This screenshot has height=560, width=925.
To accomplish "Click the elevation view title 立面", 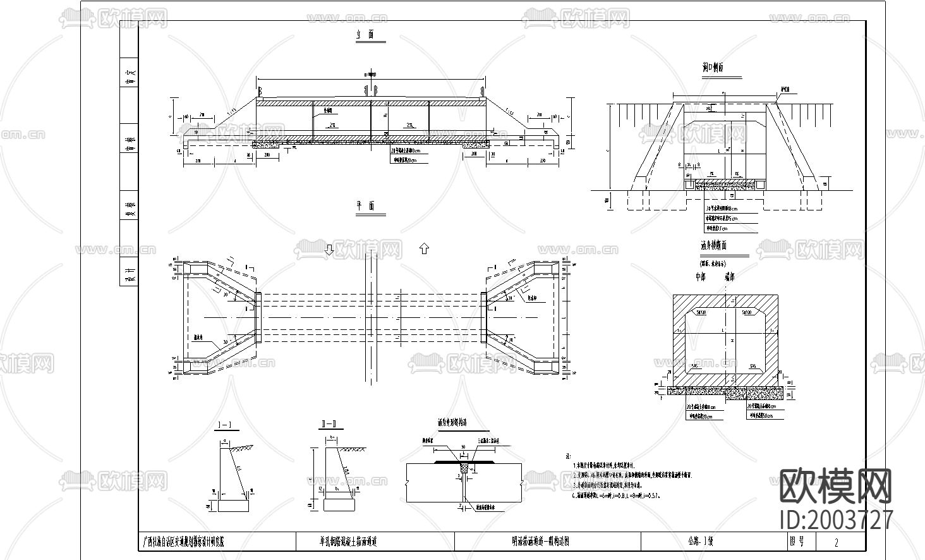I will point(361,35).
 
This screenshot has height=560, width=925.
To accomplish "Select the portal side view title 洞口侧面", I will point(712,67).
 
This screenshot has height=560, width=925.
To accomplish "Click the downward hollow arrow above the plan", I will point(329,249).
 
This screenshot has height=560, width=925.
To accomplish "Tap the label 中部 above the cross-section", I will point(700,277).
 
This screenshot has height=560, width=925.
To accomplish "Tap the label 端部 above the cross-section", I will point(729,277).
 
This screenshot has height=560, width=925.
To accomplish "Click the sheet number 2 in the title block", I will point(837,542).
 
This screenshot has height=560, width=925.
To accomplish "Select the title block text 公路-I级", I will point(700,542).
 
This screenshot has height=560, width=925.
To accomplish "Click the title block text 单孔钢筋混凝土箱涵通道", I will point(348,542).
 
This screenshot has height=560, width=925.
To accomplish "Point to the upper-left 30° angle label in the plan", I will point(225,295).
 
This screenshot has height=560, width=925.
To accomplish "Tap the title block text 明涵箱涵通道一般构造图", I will point(541,542).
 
